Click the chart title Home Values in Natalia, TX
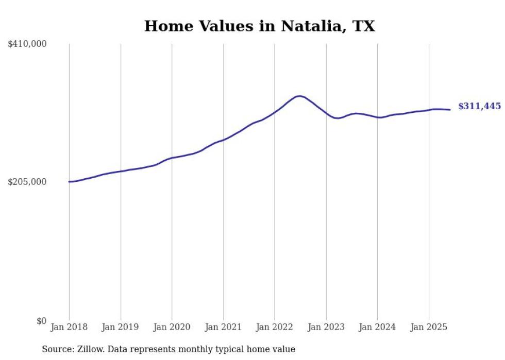(x=259, y=26)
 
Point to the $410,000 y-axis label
(x=27, y=44)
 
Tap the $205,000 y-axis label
(x=27, y=182)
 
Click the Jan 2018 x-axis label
(x=69, y=327)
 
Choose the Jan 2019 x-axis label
(x=121, y=327)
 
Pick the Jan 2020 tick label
(x=172, y=327)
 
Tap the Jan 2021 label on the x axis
(x=223, y=327)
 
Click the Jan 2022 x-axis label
(x=275, y=327)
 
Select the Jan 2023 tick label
(x=326, y=327)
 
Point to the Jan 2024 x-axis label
(x=377, y=327)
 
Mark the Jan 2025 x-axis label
(x=429, y=327)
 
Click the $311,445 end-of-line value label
(x=479, y=107)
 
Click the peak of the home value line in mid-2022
(x=299, y=96)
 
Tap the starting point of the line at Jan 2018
(x=69, y=182)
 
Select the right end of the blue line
(x=450, y=110)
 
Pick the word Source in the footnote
(x=57, y=349)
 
